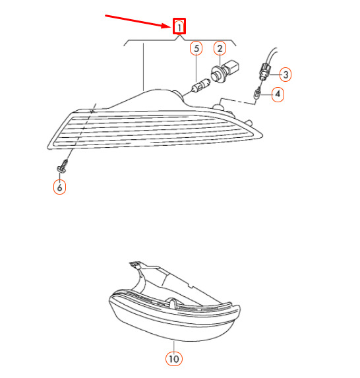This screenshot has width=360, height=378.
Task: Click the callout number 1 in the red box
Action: [x=179, y=26]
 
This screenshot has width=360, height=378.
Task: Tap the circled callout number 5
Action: [x=196, y=48]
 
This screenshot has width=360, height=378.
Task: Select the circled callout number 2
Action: [x=220, y=48]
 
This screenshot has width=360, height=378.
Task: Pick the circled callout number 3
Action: [x=285, y=75]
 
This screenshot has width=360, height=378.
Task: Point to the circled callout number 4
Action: [x=278, y=94]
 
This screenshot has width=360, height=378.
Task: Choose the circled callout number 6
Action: [x=59, y=187]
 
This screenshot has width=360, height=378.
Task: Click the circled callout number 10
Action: [x=173, y=359]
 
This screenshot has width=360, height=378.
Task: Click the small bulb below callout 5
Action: [x=200, y=85]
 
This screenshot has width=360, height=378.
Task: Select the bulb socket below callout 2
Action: [x=225, y=71]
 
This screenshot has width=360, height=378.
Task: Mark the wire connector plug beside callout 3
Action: [x=265, y=71]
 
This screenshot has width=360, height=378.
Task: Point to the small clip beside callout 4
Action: [x=257, y=93]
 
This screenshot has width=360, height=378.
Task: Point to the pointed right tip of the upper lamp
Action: [x=262, y=135]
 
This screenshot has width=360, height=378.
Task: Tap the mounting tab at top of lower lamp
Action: [x=135, y=265]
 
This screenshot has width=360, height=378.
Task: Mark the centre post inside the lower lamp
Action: [x=172, y=303]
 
